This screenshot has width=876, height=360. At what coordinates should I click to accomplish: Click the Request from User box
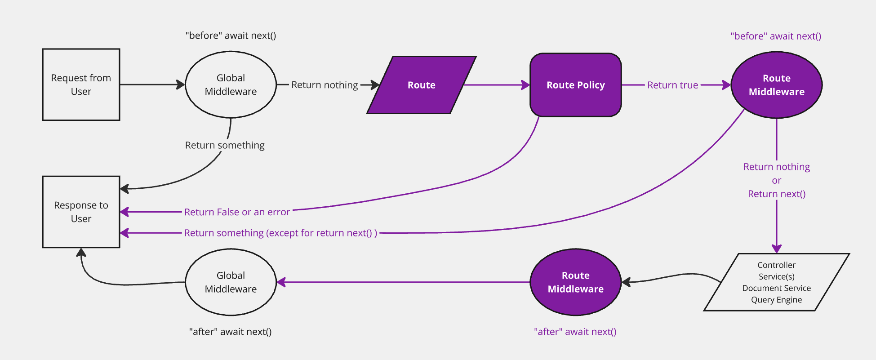(x=81, y=84)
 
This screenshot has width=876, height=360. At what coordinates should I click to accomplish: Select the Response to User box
(x=81, y=212)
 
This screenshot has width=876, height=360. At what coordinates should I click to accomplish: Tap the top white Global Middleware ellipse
(x=231, y=84)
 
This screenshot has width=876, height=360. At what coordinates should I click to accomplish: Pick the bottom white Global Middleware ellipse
(x=231, y=282)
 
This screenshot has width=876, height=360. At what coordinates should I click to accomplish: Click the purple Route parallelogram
(x=421, y=85)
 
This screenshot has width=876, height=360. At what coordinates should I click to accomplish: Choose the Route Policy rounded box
(x=575, y=85)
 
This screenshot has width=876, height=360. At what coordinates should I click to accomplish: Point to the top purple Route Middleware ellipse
(x=776, y=85)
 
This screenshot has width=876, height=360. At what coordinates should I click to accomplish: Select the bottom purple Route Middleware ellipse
(x=575, y=282)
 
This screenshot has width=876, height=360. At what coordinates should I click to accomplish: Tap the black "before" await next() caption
(x=231, y=36)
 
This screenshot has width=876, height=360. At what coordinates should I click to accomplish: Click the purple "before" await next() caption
(x=776, y=36)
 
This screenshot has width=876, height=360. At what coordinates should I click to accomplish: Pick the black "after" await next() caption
(x=230, y=332)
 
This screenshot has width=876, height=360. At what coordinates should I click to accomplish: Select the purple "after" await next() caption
(x=575, y=332)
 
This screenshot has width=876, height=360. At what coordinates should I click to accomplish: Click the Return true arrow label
(x=672, y=85)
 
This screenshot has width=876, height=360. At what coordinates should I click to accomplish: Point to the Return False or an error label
(x=237, y=212)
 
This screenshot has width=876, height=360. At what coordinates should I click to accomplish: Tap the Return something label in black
(x=225, y=145)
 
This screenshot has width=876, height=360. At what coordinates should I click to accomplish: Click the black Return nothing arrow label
(x=325, y=85)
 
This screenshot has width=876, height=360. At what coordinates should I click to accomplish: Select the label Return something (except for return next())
(x=280, y=233)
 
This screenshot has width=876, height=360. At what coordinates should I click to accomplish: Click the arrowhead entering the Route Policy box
(x=526, y=85)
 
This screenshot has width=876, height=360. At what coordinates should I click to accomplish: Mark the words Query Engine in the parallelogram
(x=776, y=300)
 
